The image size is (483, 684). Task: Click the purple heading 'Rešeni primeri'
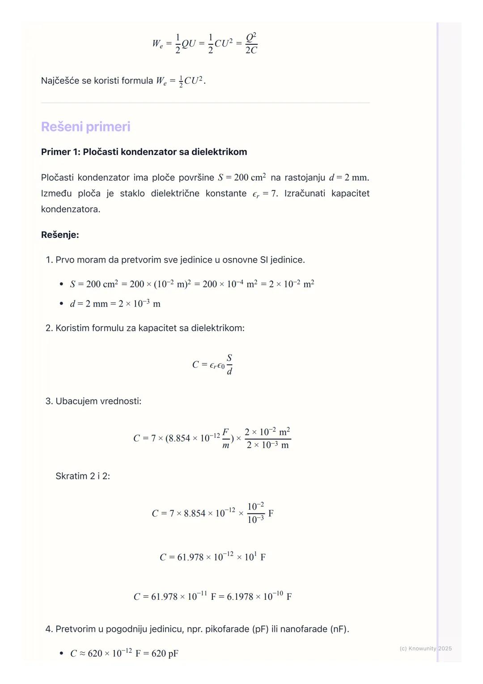85,127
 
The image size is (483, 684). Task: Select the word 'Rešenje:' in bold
60,235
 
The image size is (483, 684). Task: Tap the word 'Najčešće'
60,81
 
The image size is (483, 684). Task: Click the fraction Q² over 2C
251,43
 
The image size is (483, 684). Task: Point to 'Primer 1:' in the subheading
60,152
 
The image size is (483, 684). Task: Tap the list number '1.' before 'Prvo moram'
49,260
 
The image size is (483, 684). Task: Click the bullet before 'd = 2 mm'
61,304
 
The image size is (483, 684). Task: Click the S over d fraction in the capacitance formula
229,364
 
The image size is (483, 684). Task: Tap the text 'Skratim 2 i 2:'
83,476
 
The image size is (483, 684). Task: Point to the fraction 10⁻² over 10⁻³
256,513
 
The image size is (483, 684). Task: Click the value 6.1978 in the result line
240,597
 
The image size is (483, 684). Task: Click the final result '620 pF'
165,654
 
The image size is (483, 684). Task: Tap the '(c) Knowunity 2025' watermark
425,648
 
